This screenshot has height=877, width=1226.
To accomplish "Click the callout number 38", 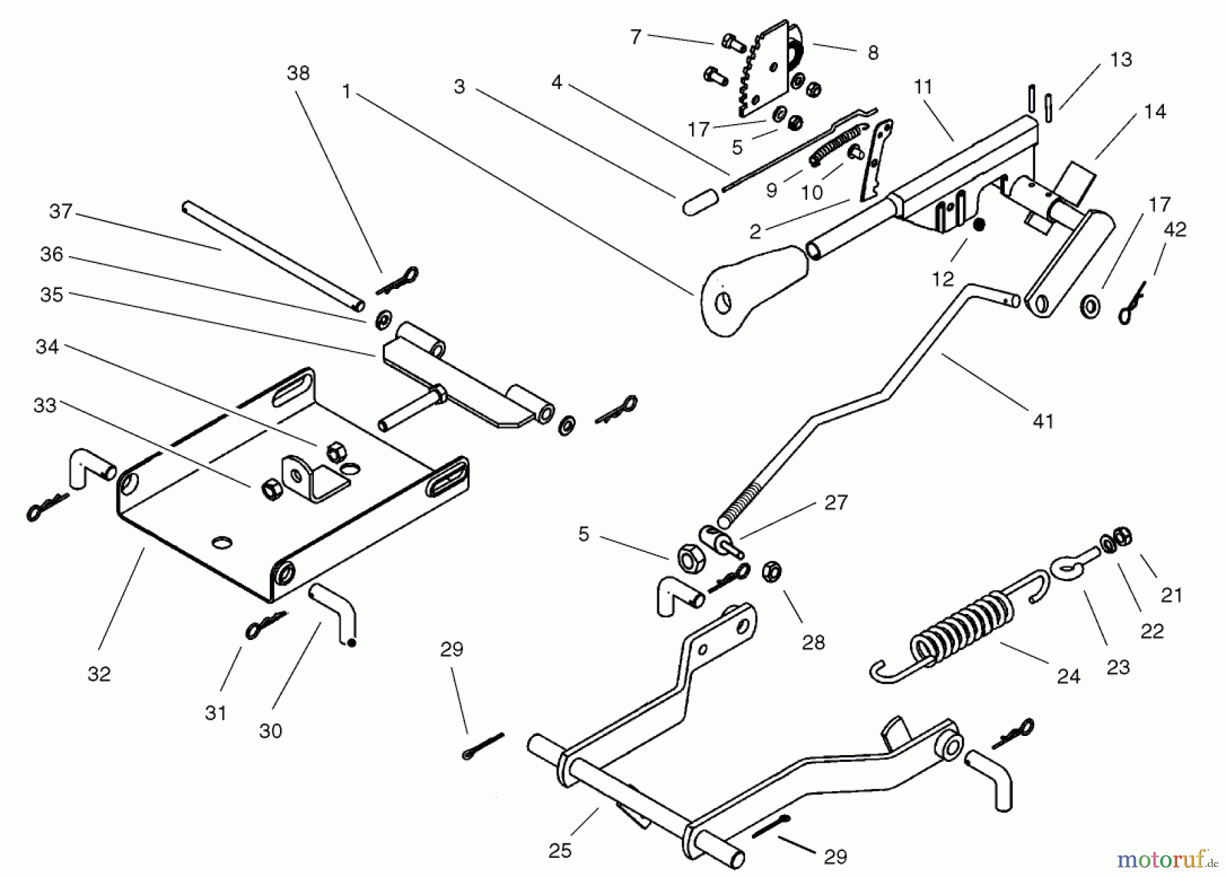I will [x=298, y=74].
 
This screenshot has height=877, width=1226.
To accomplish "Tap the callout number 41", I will [x=1043, y=422].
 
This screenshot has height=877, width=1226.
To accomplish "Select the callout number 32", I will [x=99, y=674].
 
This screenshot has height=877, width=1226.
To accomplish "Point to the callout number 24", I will [x=1068, y=677].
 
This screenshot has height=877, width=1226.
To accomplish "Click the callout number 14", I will [x=1154, y=112].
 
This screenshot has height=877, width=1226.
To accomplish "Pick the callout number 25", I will [x=560, y=851].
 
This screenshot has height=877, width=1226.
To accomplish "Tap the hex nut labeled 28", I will [x=771, y=571].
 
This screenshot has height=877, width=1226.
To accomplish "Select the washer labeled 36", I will [x=383, y=319].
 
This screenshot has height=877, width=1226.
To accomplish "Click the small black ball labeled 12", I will [x=979, y=225].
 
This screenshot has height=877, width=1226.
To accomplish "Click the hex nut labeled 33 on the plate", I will [x=272, y=489].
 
